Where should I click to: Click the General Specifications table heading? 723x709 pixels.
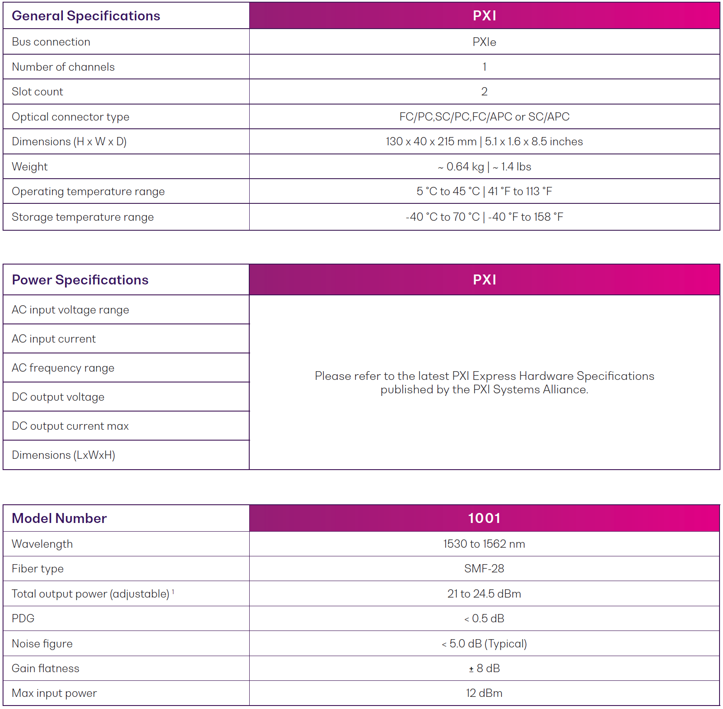pyautogui.click(x=86, y=16)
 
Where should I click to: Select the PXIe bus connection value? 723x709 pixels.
pyautogui.click(x=484, y=42)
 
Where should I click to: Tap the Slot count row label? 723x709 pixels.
pyautogui.click(x=38, y=92)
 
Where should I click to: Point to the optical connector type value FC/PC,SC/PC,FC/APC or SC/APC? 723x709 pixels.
pyautogui.click(x=484, y=117)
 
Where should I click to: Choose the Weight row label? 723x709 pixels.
pyautogui.click(x=30, y=167)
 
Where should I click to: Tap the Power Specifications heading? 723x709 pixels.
pyautogui.click(x=80, y=280)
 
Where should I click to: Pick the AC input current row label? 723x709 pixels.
pyautogui.click(x=54, y=339)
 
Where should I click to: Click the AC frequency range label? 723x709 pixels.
pyautogui.click(x=63, y=368)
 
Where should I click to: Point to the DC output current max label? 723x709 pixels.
pyautogui.click(x=70, y=426)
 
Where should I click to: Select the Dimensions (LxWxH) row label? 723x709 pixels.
pyautogui.click(x=64, y=455)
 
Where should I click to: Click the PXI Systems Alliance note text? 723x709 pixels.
pyautogui.click(x=484, y=383)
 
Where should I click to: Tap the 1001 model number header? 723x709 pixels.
pyautogui.click(x=484, y=518)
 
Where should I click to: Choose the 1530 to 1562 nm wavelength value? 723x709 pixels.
pyautogui.click(x=484, y=544)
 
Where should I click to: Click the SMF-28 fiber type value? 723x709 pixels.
pyautogui.click(x=484, y=569)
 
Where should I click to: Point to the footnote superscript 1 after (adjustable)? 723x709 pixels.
pyautogui.click(x=173, y=591)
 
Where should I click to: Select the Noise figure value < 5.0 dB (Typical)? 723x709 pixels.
pyautogui.click(x=484, y=644)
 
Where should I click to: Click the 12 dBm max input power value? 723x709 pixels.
pyautogui.click(x=484, y=693)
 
